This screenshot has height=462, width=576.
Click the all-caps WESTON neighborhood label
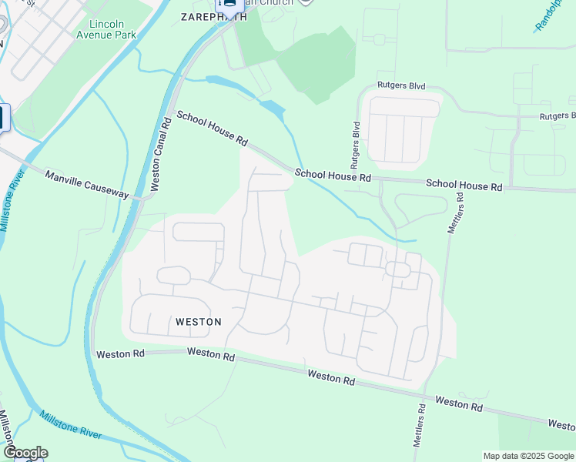pos(198,322)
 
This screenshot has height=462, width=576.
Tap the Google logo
pos(25,453)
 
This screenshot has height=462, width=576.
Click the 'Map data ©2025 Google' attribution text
pos(529,456)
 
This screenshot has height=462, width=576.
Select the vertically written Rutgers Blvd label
pos(355,145)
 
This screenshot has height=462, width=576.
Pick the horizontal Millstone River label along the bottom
pos(71,425)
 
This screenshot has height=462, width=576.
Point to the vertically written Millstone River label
pos(12,200)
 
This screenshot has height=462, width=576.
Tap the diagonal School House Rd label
pos(212,129)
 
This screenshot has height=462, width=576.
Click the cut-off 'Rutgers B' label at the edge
pos(558,116)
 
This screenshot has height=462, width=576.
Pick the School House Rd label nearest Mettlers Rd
pos(464,186)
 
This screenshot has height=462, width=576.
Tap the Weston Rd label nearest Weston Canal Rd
pos(121,353)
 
